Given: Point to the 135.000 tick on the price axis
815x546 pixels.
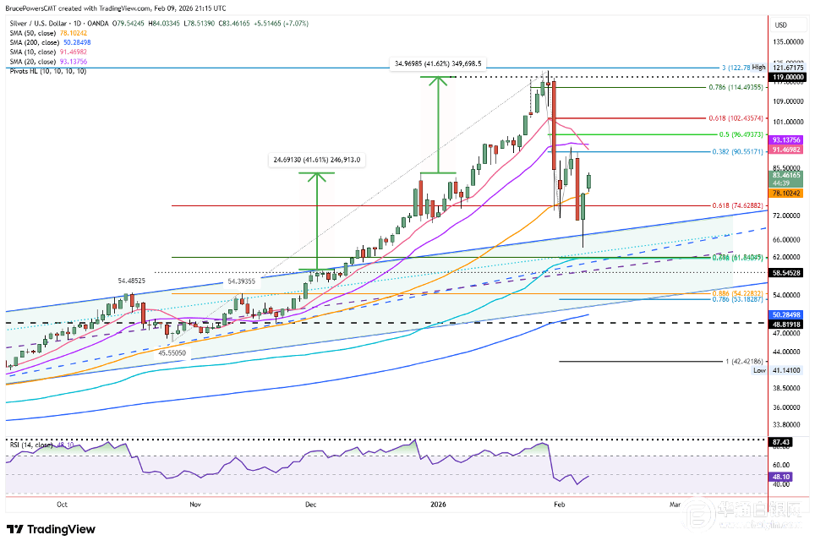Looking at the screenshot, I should (x=788, y=41).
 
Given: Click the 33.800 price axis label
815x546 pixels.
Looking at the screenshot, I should (x=787, y=425).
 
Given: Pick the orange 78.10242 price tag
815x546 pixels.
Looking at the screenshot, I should (x=787, y=193).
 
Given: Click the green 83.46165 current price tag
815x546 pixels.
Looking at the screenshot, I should (x=787, y=175).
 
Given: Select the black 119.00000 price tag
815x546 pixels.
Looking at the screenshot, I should (x=787, y=77).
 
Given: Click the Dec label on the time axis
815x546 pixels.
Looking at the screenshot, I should (x=311, y=505).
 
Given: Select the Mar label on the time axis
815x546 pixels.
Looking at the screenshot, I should (x=675, y=505).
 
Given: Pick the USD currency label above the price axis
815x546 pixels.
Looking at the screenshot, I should (x=781, y=25).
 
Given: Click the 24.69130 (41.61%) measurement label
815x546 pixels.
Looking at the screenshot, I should (x=316, y=158).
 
